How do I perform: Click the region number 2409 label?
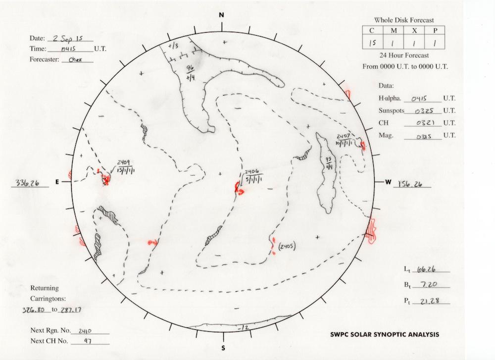(123, 162)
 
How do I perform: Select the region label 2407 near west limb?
(343, 136)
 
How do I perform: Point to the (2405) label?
(287, 246)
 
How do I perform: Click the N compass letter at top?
(222, 15)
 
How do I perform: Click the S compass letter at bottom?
(223, 347)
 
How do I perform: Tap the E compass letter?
(57, 182)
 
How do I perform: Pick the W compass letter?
(388, 182)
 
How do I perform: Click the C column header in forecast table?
(372, 31)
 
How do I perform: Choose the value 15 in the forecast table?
(372, 44)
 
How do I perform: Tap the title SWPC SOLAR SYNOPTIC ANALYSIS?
(385, 335)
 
